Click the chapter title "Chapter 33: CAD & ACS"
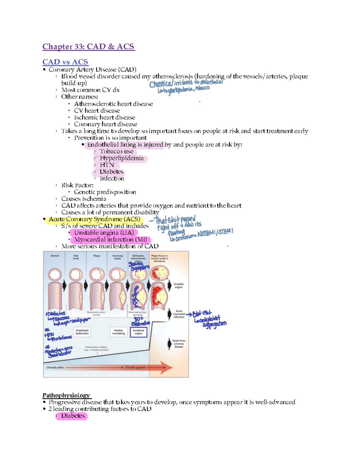tap(88, 47)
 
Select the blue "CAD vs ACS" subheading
tap(65, 62)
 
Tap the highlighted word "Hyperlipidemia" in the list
tap(121, 158)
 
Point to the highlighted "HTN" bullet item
tap(107, 165)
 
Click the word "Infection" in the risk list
tap(112, 179)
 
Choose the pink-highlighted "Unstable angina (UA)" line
tap(104, 233)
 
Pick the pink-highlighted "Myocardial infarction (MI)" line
tap(110, 239)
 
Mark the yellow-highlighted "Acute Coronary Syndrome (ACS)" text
tap(94, 219)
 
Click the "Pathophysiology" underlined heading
tap(66, 395)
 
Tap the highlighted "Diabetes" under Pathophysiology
tap(73, 416)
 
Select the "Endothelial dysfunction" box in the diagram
tap(82, 332)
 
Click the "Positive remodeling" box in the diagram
tap(118, 332)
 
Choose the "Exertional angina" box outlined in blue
tap(138, 332)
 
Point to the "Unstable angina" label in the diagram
tap(178, 285)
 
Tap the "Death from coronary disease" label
tap(179, 344)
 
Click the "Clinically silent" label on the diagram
tap(55, 367)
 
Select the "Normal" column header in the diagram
tap(55, 256)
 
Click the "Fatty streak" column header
tap(76, 257)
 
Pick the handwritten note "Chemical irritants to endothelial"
tap(186, 83)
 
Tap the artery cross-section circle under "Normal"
tap(55, 274)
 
